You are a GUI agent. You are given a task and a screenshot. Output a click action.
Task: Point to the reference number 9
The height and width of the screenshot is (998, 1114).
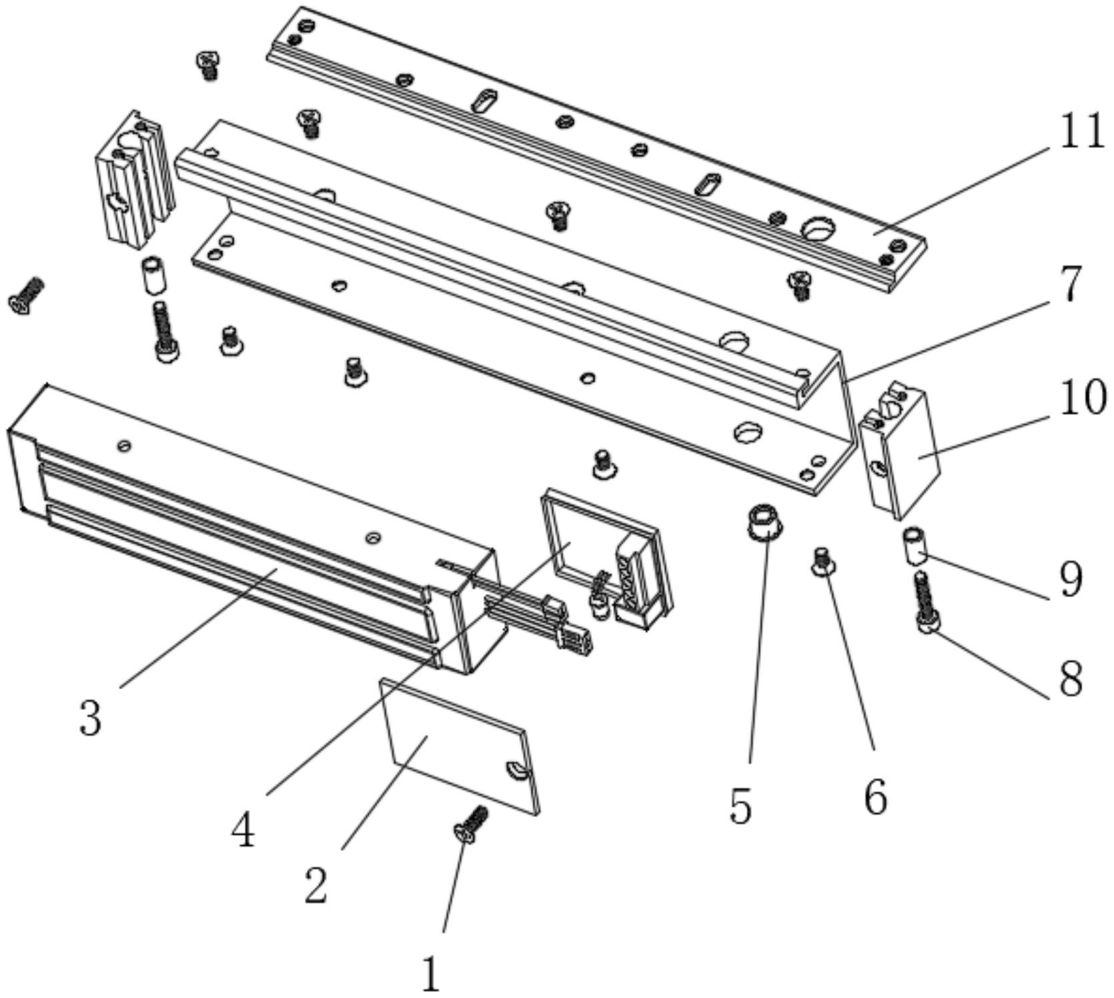(x=1070, y=579)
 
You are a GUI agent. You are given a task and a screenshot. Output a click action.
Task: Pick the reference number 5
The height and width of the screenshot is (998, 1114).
(x=740, y=805)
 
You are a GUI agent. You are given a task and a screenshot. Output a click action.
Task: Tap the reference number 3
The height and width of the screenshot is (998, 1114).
(x=91, y=718)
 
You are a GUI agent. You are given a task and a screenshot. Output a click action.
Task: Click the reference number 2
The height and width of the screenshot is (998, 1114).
(x=316, y=886)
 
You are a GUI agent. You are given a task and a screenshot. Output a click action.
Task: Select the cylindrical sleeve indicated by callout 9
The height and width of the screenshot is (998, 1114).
(x=915, y=545)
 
